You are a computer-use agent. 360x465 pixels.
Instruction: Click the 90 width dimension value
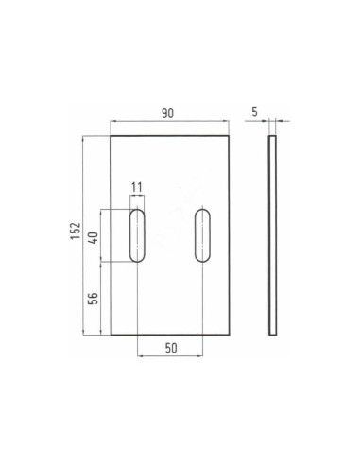click(x=168, y=113)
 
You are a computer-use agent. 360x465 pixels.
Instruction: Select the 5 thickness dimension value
click(x=255, y=112)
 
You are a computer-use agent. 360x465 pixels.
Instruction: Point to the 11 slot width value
click(x=137, y=187)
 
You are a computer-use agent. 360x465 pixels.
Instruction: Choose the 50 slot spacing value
click(x=171, y=347)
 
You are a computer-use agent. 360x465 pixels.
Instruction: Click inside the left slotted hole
click(x=137, y=235)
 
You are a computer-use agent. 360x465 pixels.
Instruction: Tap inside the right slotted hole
click(x=202, y=235)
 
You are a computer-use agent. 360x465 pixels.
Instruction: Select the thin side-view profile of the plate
click(x=272, y=235)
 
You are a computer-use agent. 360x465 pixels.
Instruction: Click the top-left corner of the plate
click(x=111, y=137)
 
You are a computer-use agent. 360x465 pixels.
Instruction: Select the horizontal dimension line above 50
click(x=170, y=356)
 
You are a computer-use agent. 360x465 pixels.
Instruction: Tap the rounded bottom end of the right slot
click(x=202, y=259)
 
